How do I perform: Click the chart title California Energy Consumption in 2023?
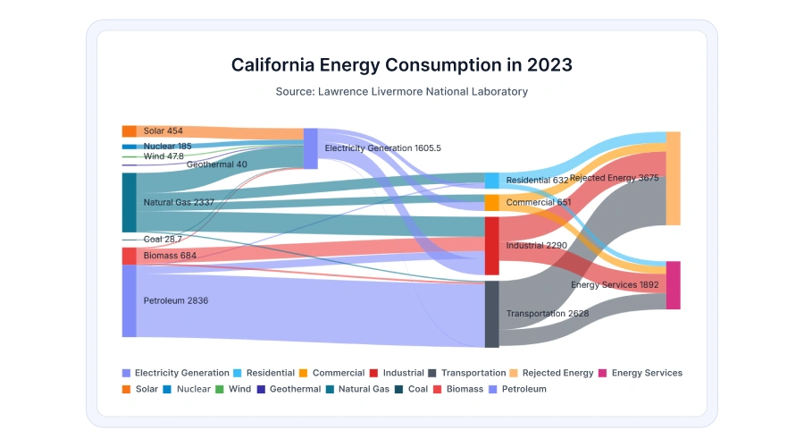point(401,65)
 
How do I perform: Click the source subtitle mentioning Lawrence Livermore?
point(401,91)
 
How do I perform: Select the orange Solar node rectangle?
point(130,131)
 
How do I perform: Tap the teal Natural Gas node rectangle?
point(130,202)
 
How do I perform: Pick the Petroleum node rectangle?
point(130,300)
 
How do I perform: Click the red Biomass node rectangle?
point(130,256)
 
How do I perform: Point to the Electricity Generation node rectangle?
point(311,148)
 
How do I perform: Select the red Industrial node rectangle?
point(491,245)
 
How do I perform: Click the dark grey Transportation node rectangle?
point(491,314)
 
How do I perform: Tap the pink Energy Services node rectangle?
point(673,285)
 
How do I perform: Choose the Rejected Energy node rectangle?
point(673,178)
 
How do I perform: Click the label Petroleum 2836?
point(176,301)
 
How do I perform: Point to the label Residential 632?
point(537,181)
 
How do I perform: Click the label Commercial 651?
point(538,203)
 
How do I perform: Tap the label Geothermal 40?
point(217,164)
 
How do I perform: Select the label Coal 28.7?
point(163,240)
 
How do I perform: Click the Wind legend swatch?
point(220,389)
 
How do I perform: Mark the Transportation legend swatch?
point(432,373)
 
